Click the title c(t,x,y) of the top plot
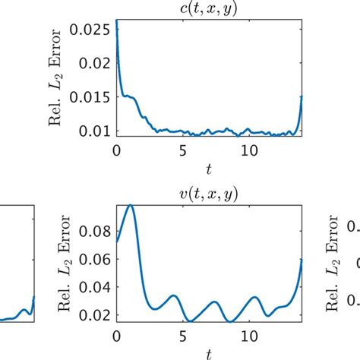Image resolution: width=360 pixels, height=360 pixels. coord(209,8)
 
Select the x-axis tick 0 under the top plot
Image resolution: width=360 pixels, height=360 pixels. coord(115,149)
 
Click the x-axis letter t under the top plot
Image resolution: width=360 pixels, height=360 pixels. coord(209,166)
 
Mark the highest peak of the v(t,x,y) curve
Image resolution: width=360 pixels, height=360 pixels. coord(131,205)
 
